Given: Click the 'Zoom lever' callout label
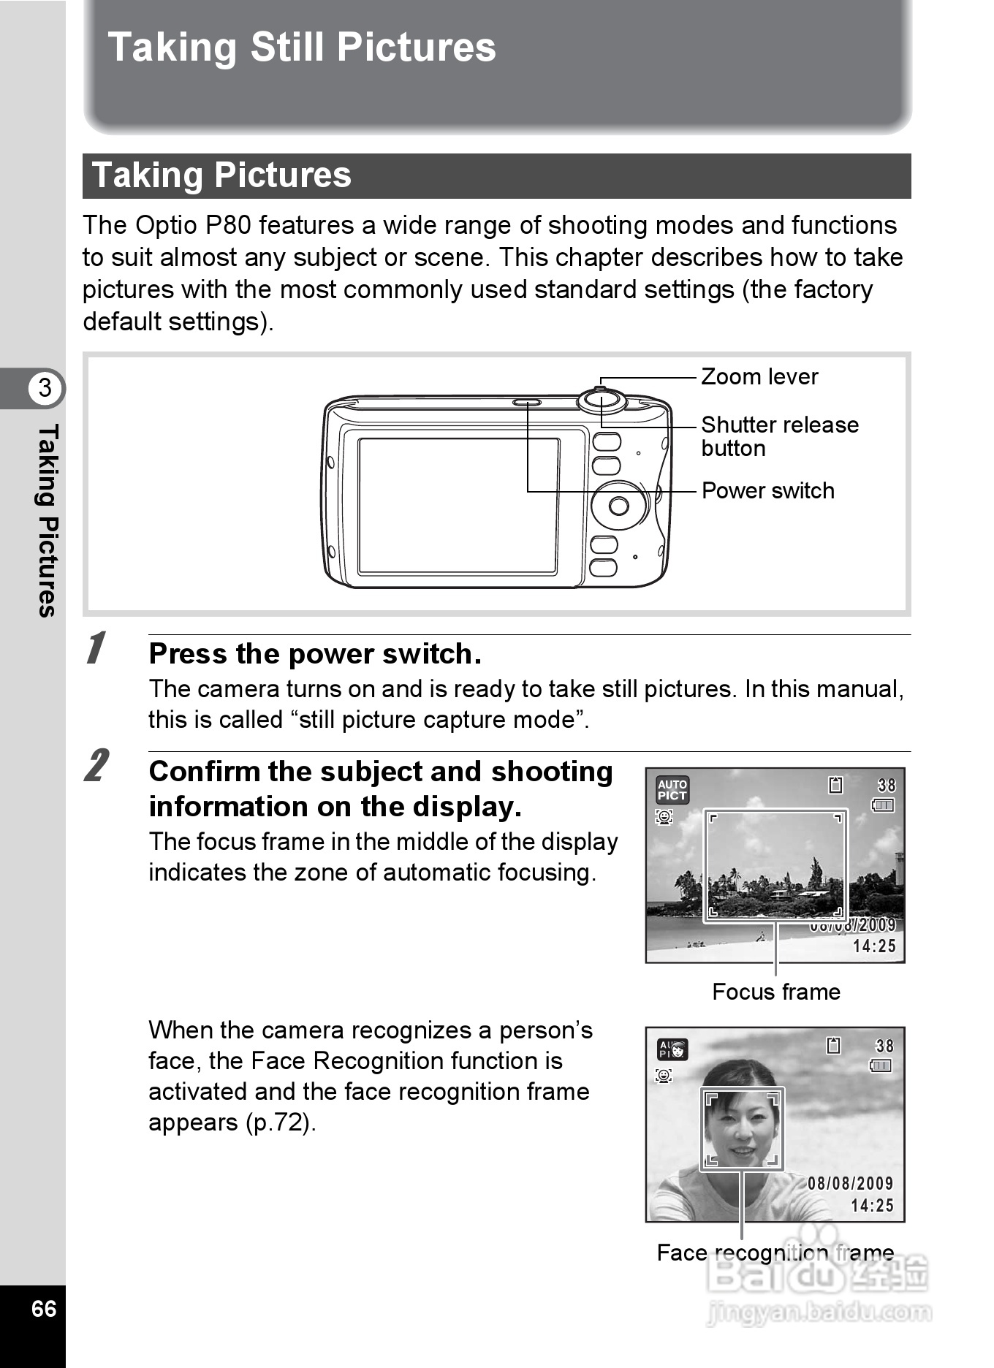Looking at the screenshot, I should click(759, 377).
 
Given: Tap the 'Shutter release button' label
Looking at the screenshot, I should click(779, 436).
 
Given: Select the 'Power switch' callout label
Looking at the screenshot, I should click(767, 490).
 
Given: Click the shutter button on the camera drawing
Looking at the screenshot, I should click(602, 400).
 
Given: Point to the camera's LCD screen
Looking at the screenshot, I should click(458, 505).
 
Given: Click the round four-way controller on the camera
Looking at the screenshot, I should click(619, 505).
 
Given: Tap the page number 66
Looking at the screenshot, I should click(44, 1307).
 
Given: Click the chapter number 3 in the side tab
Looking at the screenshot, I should click(45, 387).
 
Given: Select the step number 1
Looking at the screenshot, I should click(95, 648).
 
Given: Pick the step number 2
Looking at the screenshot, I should click(96, 765).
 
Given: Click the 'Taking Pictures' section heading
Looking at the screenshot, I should click(221, 175).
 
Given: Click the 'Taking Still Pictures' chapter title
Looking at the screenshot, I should click(301, 47).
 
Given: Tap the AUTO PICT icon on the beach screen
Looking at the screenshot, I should click(672, 790).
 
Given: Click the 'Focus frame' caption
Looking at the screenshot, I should click(775, 992).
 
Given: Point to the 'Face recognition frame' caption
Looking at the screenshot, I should click(775, 1253).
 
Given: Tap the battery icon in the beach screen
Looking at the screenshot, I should click(883, 805).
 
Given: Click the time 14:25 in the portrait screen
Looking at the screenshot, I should click(872, 1206).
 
